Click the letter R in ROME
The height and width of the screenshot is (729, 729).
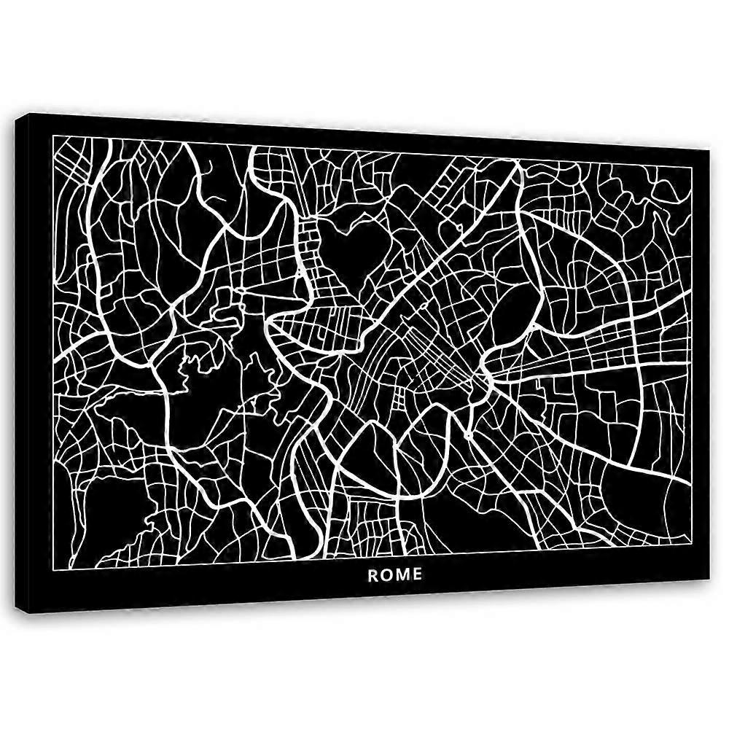[373, 574]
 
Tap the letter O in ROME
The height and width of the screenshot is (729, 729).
[386, 574]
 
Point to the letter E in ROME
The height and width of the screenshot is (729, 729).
[417, 574]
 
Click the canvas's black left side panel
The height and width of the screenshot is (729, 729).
[26, 364]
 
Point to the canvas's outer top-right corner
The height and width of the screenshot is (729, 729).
[709, 149]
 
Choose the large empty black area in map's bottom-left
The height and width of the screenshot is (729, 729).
[109, 510]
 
